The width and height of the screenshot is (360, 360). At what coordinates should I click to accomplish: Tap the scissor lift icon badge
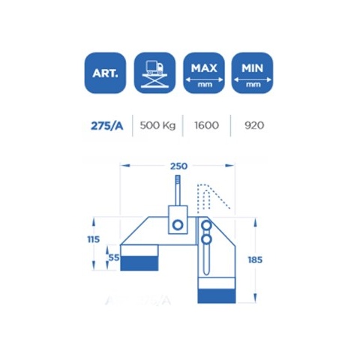pyautogui.click(x=154, y=73)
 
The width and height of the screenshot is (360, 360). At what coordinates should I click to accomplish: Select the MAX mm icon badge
pyautogui.click(x=203, y=73)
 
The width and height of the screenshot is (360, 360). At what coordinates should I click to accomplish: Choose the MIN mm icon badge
pyautogui.click(x=252, y=73)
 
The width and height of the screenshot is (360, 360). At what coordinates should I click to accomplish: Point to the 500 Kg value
pyautogui.click(x=158, y=124)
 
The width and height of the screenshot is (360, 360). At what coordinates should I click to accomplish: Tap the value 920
pyautogui.click(x=254, y=124)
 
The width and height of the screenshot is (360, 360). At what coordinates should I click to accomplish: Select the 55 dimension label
pyautogui.click(x=114, y=256)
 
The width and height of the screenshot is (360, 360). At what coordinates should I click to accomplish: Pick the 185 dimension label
pyautogui.click(x=254, y=259)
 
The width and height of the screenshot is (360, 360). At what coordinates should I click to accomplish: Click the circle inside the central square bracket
pyautogui.click(x=178, y=225)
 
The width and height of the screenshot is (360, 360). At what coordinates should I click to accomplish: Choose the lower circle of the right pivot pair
pyautogui.click(x=208, y=240)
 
